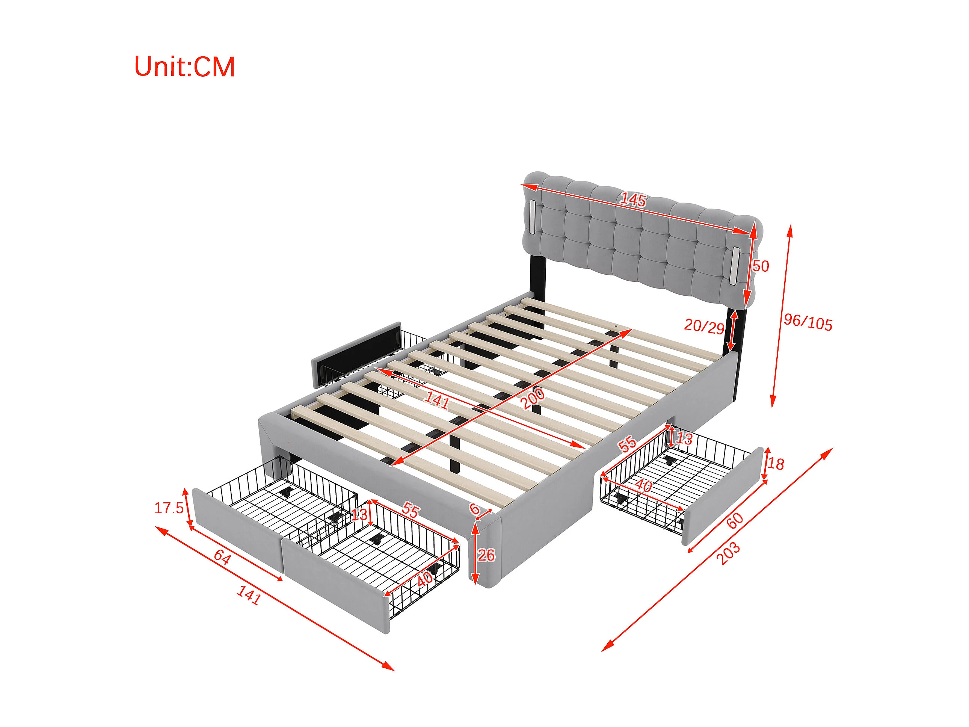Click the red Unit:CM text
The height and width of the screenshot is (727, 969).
point(184,67)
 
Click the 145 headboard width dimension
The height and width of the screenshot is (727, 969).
point(633,200)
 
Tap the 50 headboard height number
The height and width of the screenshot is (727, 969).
point(761,266)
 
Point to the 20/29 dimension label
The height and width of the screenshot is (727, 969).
point(704,326)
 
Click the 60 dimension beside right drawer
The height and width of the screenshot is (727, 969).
point(735,520)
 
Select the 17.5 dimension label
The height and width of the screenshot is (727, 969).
point(169,508)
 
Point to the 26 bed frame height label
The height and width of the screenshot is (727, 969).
point(486,555)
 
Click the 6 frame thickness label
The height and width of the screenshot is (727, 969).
point(474,509)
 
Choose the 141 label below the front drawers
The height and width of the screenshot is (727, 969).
point(249,595)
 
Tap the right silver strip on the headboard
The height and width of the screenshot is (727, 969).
point(734,264)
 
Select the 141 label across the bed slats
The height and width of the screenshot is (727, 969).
point(436,401)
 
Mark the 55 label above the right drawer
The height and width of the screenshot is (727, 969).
point(627,444)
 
